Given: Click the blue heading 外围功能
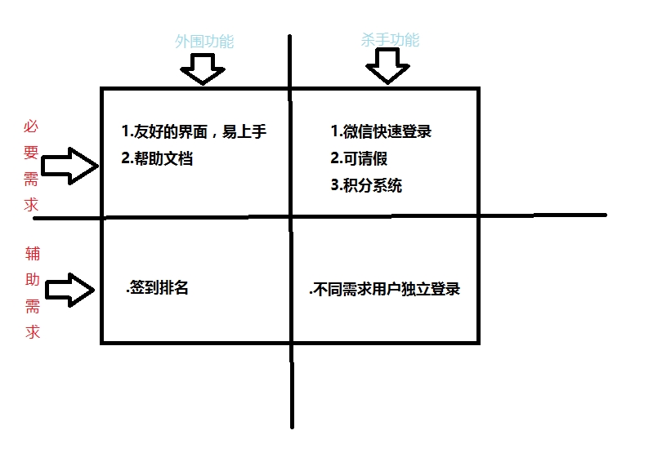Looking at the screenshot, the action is (x=204, y=42).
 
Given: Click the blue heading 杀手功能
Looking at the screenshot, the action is (x=390, y=39).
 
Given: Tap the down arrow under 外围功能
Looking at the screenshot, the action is (x=202, y=69).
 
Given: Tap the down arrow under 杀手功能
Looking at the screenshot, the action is (x=387, y=66).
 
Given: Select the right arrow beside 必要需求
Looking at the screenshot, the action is (x=69, y=166).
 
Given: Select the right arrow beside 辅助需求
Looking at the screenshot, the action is (x=70, y=289).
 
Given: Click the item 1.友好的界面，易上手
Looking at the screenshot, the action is (x=193, y=132).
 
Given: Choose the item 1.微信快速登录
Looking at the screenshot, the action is (x=381, y=131).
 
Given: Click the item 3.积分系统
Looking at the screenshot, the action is (x=366, y=185).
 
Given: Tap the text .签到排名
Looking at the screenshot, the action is (x=157, y=287).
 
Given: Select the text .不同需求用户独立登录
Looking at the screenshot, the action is (x=384, y=289).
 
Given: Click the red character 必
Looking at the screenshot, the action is (x=31, y=126).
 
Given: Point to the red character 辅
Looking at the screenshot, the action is (x=32, y=254).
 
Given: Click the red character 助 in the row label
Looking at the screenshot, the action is (x=32, y=280).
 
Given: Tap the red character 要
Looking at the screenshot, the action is (x=31, y=153).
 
